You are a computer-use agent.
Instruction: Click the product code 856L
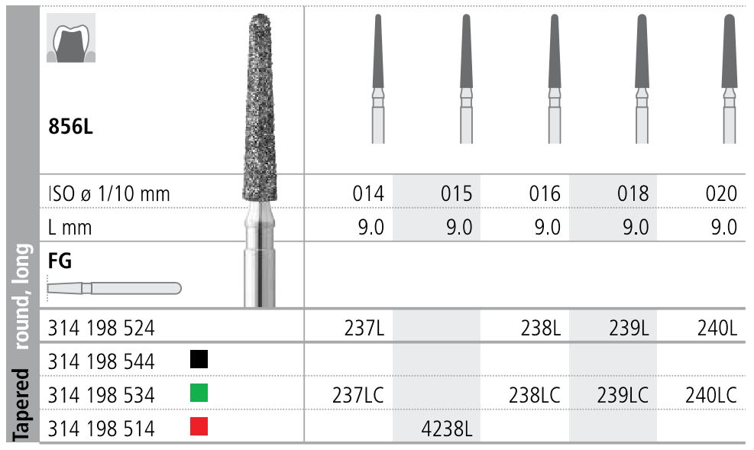pos(70,127)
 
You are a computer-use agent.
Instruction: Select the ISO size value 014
pos(369,193)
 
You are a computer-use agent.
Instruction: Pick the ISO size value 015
pos(458,193)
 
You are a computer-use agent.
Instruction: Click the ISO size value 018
pos(634,193)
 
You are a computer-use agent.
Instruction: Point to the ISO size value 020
pos(722,193)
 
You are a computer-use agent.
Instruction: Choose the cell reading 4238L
pos(447,429)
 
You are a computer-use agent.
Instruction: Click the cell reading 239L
pos(630,328)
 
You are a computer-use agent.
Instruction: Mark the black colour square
pos(199,359)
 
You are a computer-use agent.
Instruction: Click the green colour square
pos(199,393)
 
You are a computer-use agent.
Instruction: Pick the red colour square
pos(199,427)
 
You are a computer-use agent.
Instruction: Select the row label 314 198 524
pos(101,328)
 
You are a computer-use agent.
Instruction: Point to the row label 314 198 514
pos(101,429)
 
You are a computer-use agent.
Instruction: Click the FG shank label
pos(60,261)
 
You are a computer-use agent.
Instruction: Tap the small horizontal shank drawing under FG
pos(114,288)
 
